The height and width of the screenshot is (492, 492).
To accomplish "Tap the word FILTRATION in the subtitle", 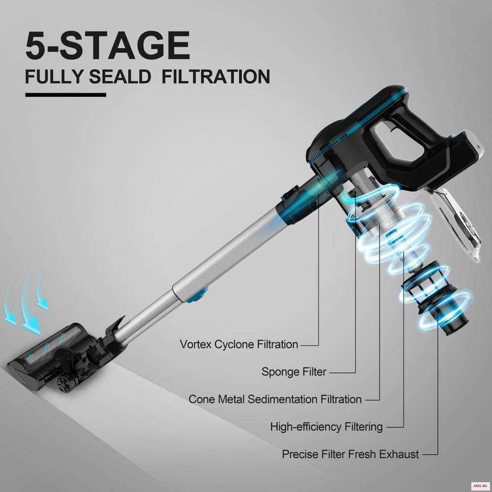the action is pyautogui.click(x=216, y=77).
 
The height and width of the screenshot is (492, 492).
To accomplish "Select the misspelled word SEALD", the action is pyautogui.click(x=120, y=77).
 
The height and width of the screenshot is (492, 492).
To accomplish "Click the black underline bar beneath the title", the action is pyautogui.click(x=65, y=95).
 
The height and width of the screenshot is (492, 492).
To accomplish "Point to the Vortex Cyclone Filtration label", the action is pyautogui.click(x=239, y=344).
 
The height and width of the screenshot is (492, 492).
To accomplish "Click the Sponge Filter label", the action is pyautogui.click(x=294, y=372).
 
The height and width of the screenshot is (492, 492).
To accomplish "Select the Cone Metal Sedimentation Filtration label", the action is pyautogui.click(x=275, y=400).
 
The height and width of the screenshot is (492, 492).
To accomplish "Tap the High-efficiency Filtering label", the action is pyautogui.click(x=327, y=427).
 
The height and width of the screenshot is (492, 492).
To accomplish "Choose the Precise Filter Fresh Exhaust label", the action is pyautogui.click(x=350, y=454).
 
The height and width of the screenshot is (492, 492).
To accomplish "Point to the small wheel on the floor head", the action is pyautogui.click(x=63, y=385).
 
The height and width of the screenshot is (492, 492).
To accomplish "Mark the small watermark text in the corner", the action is pyautogui.click(x=479, y=485).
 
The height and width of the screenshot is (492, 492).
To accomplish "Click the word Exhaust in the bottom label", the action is pyautogui.click(x=399, y=454).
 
